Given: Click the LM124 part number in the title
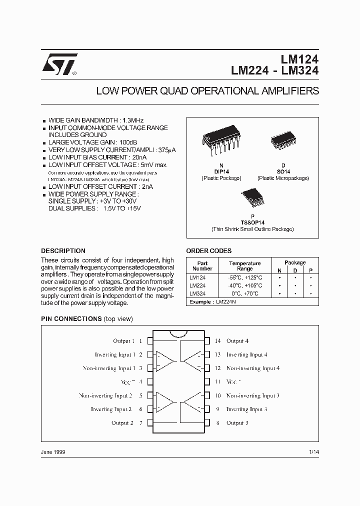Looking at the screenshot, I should click(298, 58).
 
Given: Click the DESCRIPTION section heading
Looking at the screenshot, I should click(63, 251).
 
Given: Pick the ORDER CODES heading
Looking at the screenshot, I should click(209, 251).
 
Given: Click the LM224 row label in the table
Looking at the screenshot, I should click(197, 285).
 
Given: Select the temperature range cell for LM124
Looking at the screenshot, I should click(245, 277).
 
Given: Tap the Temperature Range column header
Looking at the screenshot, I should click(245, 265).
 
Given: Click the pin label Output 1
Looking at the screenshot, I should click(124, 341).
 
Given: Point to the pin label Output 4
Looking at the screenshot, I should click(237, 341).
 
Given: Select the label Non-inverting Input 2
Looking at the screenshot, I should click(105, 395).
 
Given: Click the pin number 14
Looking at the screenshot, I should click(218, 341).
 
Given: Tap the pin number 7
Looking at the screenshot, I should click(141, 423).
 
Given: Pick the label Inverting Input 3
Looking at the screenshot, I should click(246, 409).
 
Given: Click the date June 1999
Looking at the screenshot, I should click(53, 451).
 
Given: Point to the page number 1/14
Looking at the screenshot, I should click(313, 451).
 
